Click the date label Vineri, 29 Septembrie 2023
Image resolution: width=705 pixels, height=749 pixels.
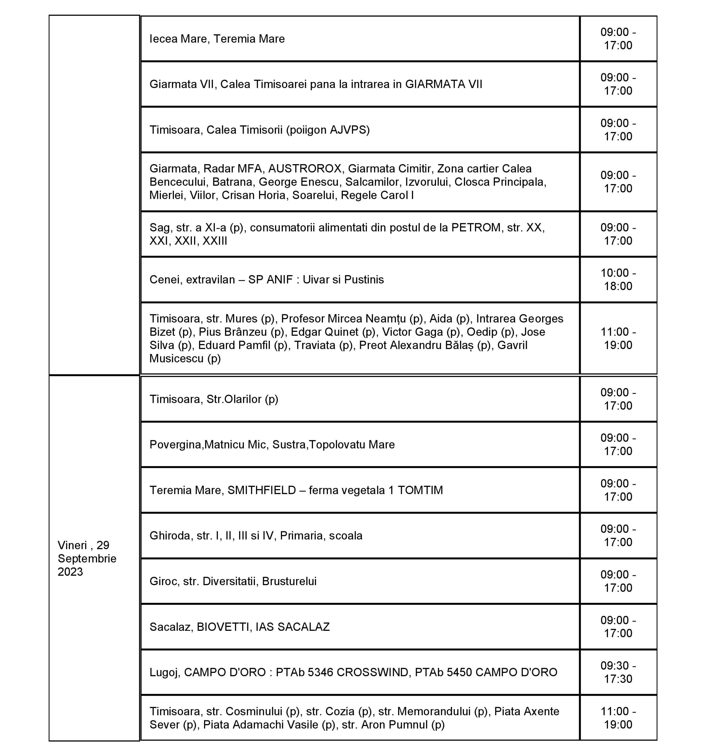[87, 558]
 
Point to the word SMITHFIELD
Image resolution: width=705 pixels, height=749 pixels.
[262, 490]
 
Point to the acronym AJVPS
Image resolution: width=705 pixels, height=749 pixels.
[348, 130]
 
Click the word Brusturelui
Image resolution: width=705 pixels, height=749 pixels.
[289, 581]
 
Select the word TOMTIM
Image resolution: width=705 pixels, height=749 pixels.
[420, 490]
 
